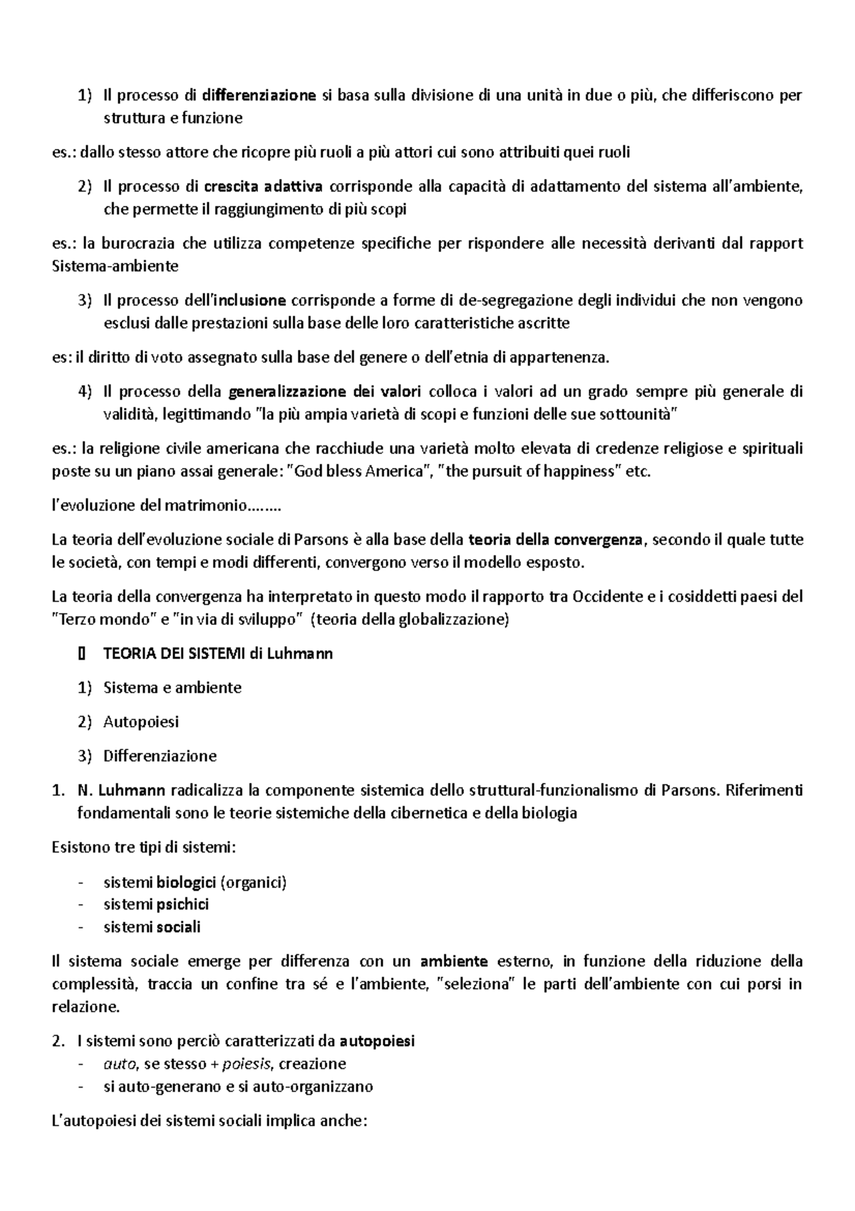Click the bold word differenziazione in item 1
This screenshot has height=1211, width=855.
(x=259, y=96)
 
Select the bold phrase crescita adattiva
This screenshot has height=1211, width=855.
(x=263, y=187)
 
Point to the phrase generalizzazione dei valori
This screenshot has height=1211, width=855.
(x=326, y=392)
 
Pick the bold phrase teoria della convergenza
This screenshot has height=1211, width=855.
(x=556, y=540)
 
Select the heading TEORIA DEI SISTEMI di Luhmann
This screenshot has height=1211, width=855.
(x=218, y=653)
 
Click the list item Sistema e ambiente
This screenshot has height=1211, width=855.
(x=172, y=688)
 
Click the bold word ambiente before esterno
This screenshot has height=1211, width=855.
(x=454, y=961)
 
